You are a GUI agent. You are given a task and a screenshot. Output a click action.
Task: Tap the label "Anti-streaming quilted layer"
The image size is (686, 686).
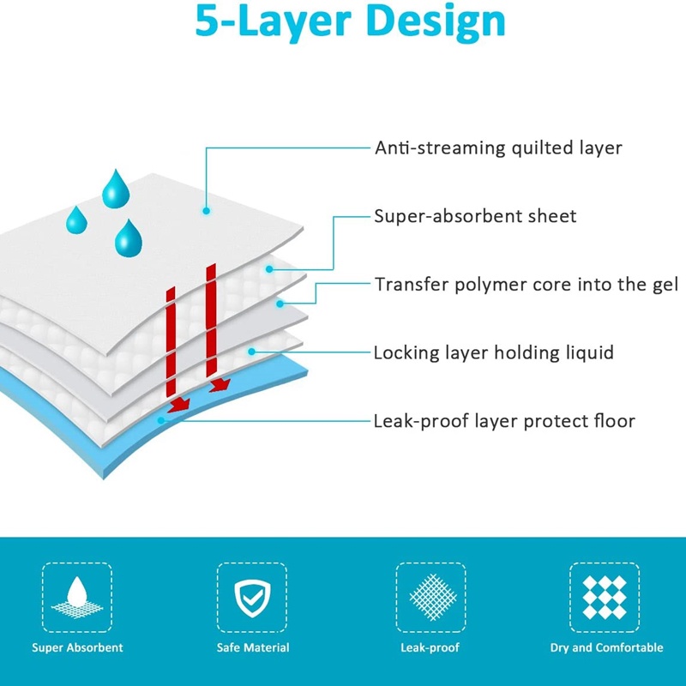498,147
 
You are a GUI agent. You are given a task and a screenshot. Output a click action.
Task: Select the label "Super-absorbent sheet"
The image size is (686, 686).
475,216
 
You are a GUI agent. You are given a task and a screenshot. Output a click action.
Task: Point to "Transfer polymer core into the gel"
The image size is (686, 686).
526,284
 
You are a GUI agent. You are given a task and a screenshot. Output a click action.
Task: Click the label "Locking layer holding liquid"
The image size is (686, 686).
493,352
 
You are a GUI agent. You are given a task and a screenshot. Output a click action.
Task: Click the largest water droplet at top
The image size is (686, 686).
115,190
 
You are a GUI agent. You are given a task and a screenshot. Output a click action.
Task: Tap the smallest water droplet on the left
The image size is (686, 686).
76,220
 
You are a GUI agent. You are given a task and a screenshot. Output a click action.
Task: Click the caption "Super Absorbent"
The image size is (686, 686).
77,648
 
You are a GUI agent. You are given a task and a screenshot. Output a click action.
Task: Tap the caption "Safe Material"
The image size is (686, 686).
252,648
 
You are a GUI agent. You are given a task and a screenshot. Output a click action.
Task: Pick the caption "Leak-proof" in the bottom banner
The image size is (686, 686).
430,648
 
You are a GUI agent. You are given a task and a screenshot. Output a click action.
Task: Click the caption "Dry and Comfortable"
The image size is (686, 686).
606,648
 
